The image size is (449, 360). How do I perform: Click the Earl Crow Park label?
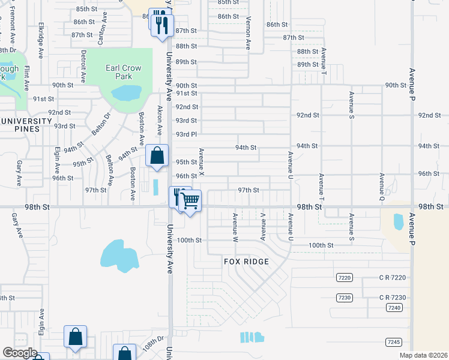click(123, 72)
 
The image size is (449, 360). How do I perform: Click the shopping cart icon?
click(190, 201)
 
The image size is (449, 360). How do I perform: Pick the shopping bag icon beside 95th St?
click(157, 156)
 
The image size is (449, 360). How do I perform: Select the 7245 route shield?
click(393, 342)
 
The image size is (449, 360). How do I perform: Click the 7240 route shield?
click(393, 307)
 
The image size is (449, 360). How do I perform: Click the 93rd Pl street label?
click(186, 134)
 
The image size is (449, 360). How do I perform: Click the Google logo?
click(20, 353)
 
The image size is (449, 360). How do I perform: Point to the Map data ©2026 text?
click(424, 355)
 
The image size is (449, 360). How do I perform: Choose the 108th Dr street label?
click(153, 345)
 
